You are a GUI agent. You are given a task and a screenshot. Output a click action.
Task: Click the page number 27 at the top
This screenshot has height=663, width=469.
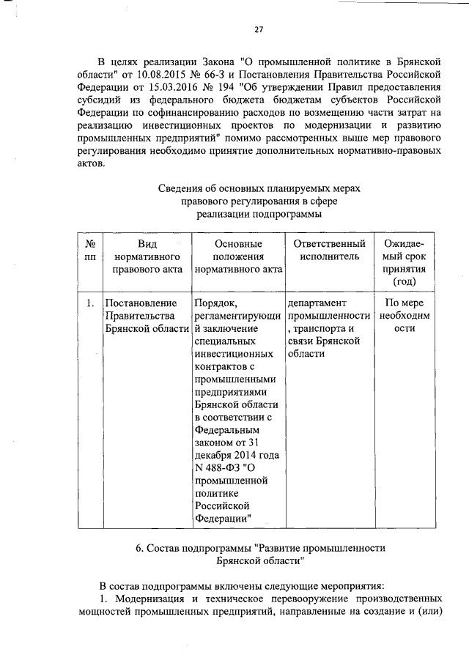[x=259, y=30]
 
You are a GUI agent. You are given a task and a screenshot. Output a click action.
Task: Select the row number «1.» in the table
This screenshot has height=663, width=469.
[x=89, y=303]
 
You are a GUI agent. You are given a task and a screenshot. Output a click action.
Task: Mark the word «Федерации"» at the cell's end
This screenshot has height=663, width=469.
[x=224, y=519]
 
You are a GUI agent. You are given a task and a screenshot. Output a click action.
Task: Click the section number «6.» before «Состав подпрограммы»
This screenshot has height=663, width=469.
[x=140, y=548]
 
